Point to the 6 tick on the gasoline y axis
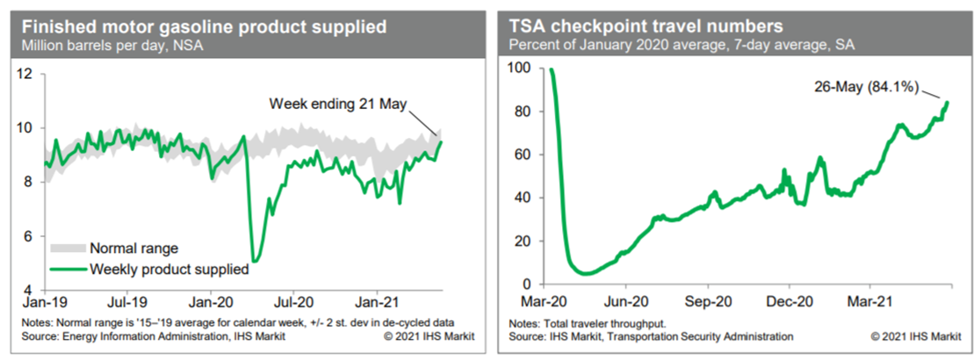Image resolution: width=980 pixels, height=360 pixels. point(30,236)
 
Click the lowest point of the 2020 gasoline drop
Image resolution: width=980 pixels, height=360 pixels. point(254,261)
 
